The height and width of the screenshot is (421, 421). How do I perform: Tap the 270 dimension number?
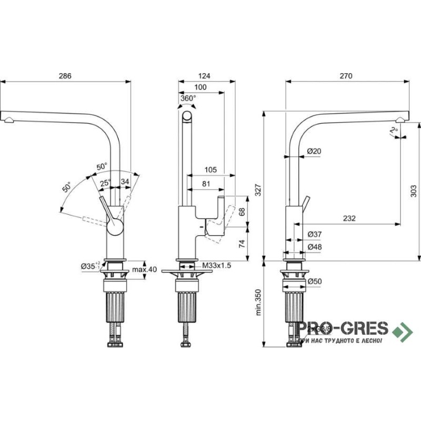346,76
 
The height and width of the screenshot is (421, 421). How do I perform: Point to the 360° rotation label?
188,98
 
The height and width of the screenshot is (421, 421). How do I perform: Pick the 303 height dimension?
413,191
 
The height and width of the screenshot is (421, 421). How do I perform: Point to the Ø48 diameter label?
314,246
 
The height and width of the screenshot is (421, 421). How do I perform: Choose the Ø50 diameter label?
314,281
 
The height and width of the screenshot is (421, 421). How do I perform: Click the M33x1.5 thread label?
217,266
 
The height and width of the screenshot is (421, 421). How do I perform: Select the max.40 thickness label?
145,269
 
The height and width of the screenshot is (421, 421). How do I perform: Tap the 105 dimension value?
210,169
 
